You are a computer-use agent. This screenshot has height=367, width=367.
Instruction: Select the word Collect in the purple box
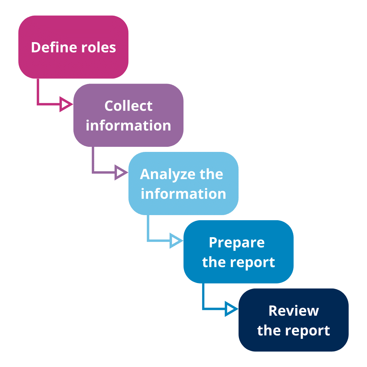point(128,106)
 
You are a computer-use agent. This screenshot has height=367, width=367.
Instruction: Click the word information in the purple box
point(128,125)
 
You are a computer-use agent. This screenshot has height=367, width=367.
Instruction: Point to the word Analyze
point(168,175)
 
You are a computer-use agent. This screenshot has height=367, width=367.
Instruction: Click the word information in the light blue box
point(183,194)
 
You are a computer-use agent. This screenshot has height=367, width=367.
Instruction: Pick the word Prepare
point(237,243)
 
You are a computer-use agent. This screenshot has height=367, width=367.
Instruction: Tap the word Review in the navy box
point(294,311)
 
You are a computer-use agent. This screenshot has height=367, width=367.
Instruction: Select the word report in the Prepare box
point(254,262)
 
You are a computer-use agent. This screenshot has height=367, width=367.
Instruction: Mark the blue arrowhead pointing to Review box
point(231,309)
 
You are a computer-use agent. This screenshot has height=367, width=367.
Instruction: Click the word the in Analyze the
point(211,174)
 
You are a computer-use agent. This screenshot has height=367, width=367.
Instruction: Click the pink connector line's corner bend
point(38,104)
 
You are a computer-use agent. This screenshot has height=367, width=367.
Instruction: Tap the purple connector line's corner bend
point(93,172)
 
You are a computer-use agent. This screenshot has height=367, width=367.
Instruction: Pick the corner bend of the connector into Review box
point(203,309)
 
